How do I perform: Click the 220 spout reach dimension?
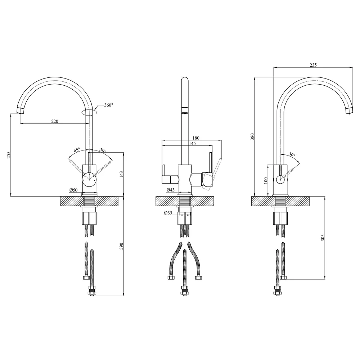55,121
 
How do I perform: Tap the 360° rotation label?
109,105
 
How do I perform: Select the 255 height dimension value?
8,155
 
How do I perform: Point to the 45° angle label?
77,150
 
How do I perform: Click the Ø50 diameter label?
73,190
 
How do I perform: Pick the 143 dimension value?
122,174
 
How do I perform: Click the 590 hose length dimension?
122,246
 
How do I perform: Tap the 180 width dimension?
196,138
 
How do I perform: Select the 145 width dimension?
192,144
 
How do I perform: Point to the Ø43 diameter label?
170,190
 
